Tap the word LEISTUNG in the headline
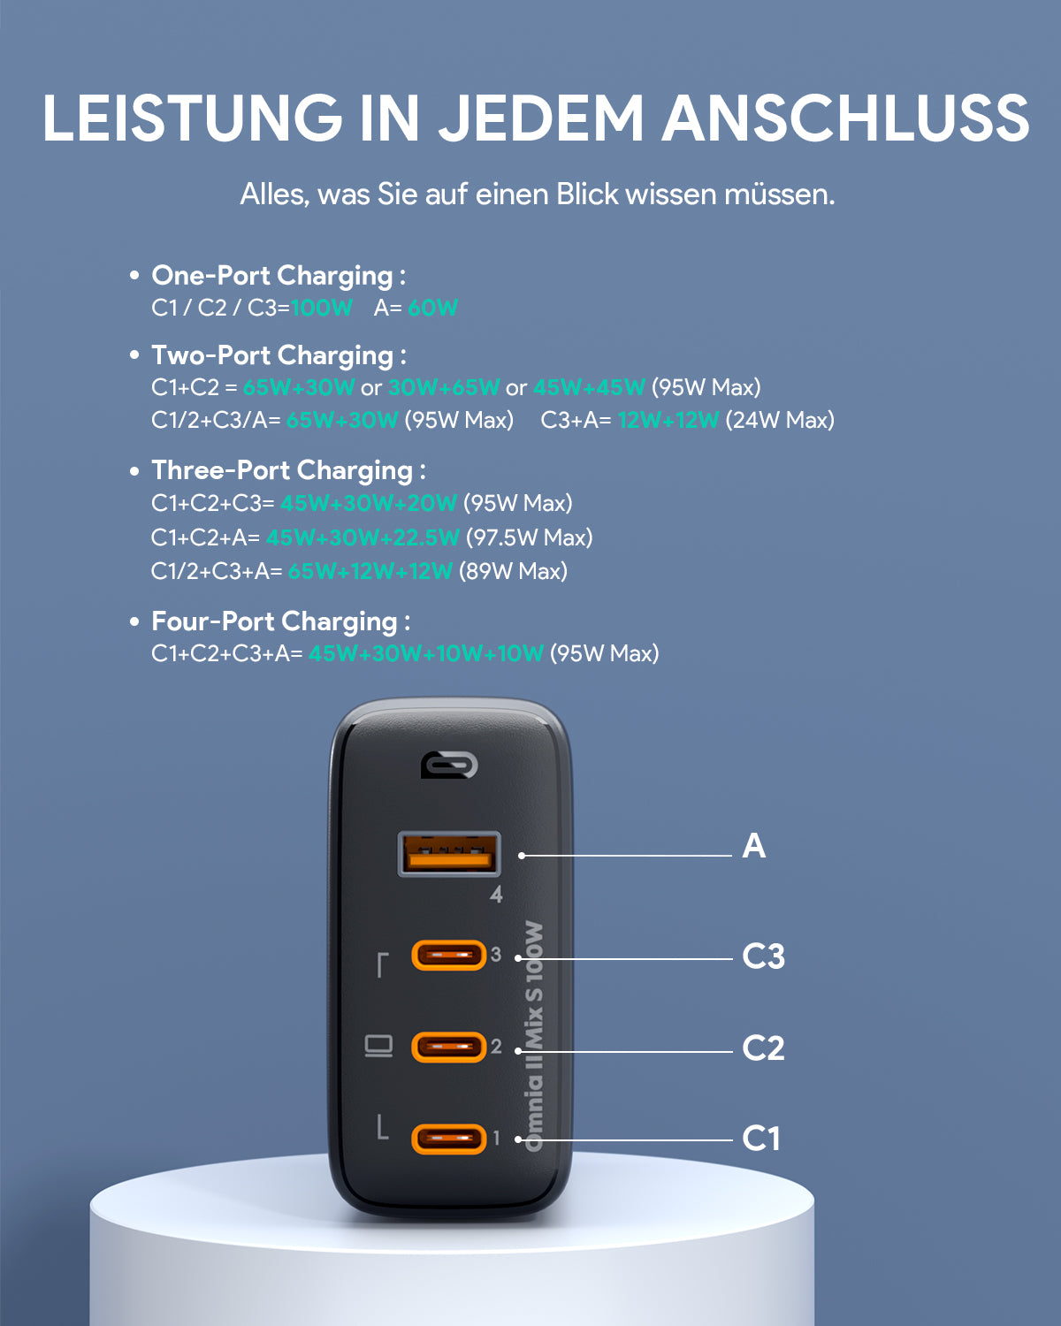tap(192, 118)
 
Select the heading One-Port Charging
tap(271, 276)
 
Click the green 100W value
tap(321, 308)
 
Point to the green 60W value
tap(432, 308)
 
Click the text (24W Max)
tap(780, 420)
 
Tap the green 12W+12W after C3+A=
tap(668, 420)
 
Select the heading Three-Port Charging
tap(282, 471)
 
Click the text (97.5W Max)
tap(529, 537)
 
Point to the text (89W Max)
tap(513, 571)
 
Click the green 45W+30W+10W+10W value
tap(426, 654)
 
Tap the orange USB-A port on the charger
tap(449, 854)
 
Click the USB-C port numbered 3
tap(449, 956)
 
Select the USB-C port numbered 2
tap(449, 1047)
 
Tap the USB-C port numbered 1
tap(449, 1139)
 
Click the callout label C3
tap(763, 956)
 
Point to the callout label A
tap(754, 846)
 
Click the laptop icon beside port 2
tap(378, 1047)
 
